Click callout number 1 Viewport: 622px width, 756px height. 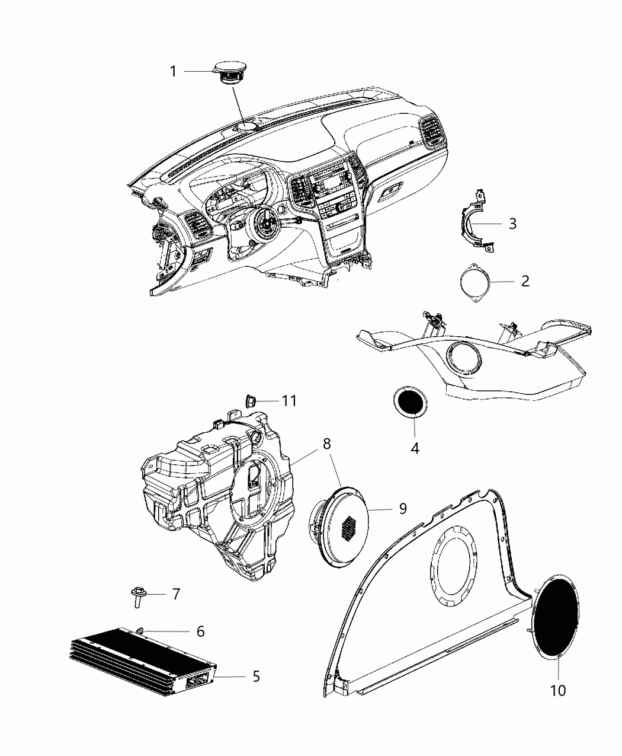click(173, 72)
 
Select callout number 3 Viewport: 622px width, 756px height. click(512, 224)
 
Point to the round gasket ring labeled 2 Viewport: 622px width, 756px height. click(476, 282)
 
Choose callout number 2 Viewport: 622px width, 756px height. click(525, 281)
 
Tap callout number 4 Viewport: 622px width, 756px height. click(415, 448)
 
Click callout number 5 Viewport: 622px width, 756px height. click(256, 676)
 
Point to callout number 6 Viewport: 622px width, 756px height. click(200, 631)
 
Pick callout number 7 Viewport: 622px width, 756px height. click(175, 594)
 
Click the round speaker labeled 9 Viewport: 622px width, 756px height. click(342, 522)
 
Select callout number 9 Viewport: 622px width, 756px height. click(402, 508)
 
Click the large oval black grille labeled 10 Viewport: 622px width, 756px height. click(556, 616)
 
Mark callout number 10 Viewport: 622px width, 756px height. click(558, 690)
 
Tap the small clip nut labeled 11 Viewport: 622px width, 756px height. click(251, 401)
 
